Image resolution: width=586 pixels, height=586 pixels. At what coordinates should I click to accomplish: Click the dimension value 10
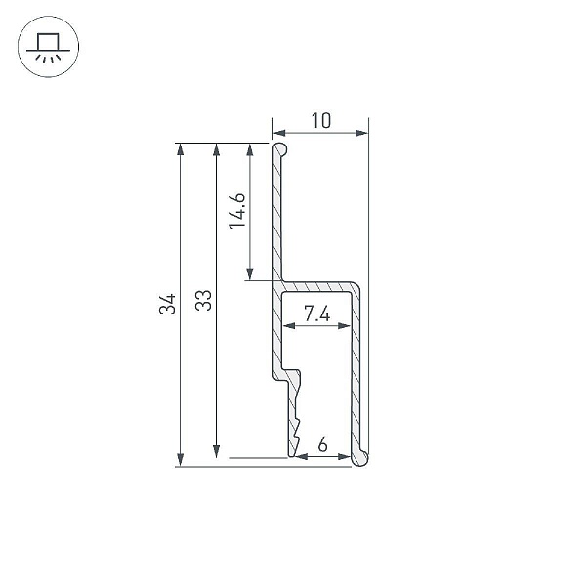click(x=321, y=120)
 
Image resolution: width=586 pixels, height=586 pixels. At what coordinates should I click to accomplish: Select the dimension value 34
click(x=167, y=304)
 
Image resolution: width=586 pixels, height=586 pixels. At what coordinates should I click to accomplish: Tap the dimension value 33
click(x=203, y=300)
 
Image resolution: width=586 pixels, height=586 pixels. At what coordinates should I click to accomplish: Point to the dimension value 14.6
click(x=237, y=210)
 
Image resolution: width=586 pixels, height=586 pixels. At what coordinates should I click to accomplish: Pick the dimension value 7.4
click(x=316, y=314)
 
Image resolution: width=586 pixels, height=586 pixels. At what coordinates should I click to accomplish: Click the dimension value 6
click(x=322, y=444)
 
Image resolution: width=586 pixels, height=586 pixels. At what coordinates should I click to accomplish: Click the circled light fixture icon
click(x=48, y=47)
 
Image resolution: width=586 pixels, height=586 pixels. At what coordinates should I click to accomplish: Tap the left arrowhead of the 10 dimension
click(x=279, y=133)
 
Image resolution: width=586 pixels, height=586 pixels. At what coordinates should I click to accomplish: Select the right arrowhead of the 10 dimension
click(x=361, y=133)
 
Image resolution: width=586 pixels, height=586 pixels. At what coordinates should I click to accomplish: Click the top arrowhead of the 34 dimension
click(x=180, y=149)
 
